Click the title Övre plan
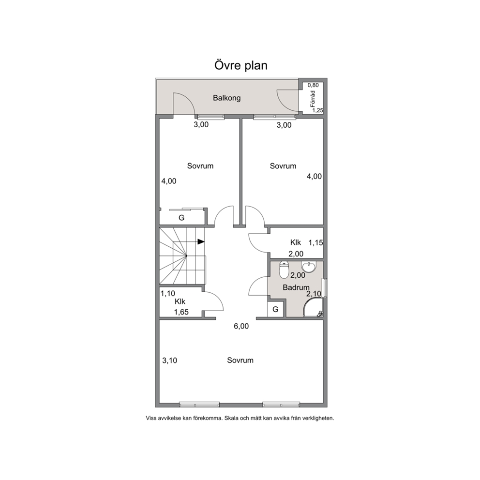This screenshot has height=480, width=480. point(240,65)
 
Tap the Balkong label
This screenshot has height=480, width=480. point(227,98)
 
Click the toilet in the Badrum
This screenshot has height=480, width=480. point(284,270)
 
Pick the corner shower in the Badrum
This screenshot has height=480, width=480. point(312,308)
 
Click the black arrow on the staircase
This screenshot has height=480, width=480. point(201,241)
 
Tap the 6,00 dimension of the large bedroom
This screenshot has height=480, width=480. point(241,326)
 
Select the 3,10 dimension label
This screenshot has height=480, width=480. point(169,360)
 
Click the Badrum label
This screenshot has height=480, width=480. point(296,287)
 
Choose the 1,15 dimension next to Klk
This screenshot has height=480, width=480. point(315,243)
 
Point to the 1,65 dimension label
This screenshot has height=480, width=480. point(181,312)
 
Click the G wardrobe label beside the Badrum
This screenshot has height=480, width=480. point(275,310)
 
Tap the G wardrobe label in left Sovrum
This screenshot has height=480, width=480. point(181,218)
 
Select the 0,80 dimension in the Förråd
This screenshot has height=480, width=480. point(313,85)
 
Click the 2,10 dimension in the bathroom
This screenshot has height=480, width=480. point(314,294)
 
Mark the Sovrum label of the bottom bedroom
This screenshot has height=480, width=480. point(240,360)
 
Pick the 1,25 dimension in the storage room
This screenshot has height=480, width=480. point(318,110)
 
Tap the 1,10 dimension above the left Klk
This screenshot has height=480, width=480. point(168,294)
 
